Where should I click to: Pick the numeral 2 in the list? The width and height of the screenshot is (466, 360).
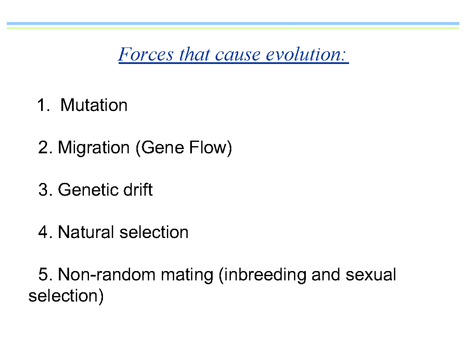pyautogui.click(x=43, y=148)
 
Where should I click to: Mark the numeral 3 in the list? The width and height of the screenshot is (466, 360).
pyautogui.click(x=43, y=190)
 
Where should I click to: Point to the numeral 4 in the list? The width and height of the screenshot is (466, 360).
pyautogui.click(x=43, y=233)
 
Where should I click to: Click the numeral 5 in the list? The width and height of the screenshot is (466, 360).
pyautogui.click(x=43, y=275)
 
